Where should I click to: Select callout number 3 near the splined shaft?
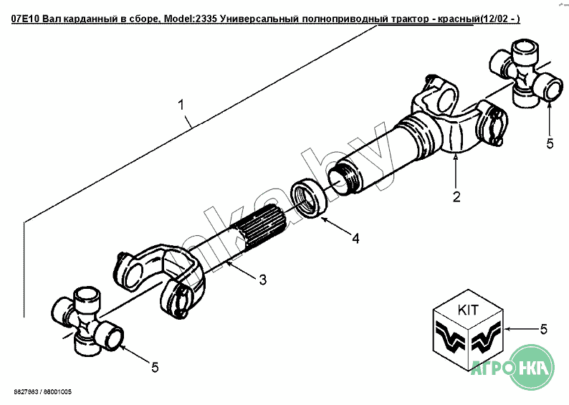click(262, 279)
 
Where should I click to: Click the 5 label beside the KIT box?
click(544, 329)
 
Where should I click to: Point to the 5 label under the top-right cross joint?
click(550, 143)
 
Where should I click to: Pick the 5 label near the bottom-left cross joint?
click(154, 367)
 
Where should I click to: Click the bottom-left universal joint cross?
click(90, 323)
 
